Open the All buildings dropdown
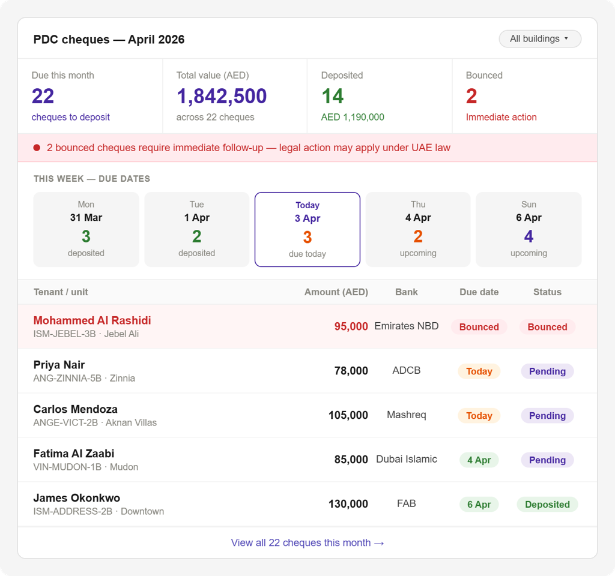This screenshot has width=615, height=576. (x=540, y=39)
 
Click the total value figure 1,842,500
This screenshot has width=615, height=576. (x=222, y=96)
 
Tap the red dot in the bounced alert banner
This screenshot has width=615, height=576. (x=37, y=148)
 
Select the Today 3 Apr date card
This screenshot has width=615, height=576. (x=307, y=230)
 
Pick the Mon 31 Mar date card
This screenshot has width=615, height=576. (x=86, y=230)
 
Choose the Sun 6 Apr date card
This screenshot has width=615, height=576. (x=529, y=230)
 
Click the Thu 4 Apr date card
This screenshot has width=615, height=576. (x=418, y=230)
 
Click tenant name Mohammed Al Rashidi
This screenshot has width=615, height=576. (x=92, y=320)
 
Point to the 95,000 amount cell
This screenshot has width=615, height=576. (x=351, y=326)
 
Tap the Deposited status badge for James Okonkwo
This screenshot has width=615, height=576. (x=548, y=504)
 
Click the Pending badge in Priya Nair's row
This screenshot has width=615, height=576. (x=548, y=371)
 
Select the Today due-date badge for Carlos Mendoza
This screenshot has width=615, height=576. (x=479, y=416)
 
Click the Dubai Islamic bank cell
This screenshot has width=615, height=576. (x=407, y=459)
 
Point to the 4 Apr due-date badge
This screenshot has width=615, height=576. (x=479, y=460)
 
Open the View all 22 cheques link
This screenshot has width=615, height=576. (x=307, y=542)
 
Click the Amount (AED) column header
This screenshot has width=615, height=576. (x=336, y=292)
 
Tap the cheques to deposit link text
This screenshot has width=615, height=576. (x=71, y=117)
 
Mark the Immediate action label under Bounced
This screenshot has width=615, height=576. (x=501, y=117)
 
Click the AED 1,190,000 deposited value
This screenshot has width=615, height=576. (x=353, y=117)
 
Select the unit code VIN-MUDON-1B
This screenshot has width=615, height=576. (x=67, y=467)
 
